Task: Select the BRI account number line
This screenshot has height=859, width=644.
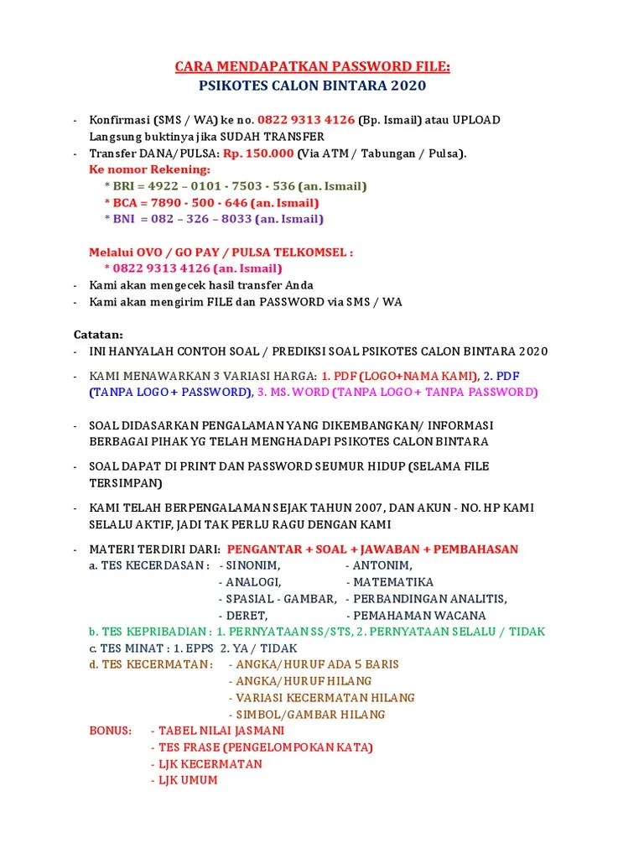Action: tap(235, 186)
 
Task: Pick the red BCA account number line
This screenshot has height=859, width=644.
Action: tap(211, 203)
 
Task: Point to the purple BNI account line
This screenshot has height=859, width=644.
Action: tap(214, 219)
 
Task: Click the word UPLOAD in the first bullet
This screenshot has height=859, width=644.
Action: tap(476, 120)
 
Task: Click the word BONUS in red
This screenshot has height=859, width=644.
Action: tap(111, 731)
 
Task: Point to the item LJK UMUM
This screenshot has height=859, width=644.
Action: tap(187, 780)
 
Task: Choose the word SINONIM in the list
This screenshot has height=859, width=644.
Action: tap(253, 565)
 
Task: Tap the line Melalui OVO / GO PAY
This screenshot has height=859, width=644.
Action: tap(221, 252)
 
